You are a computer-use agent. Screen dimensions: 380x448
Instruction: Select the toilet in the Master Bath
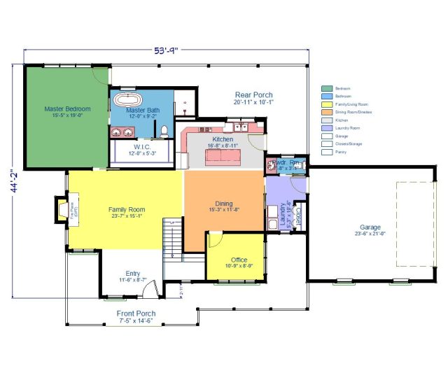163,130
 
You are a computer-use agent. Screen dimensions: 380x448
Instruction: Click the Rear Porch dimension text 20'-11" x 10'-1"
253,102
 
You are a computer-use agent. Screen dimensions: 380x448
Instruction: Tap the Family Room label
126,209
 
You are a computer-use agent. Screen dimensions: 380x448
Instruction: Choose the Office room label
239,260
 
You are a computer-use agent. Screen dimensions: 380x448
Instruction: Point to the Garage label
370,227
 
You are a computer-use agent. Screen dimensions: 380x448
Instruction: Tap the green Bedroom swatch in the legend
326,89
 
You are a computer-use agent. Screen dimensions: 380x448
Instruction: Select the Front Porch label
136,313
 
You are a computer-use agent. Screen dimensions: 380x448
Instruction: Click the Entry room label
132,273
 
